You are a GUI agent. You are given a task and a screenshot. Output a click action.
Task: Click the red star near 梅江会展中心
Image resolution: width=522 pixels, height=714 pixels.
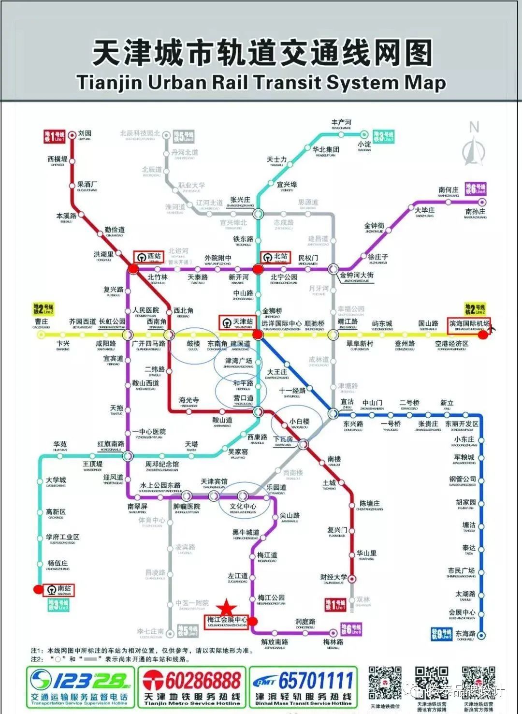[x=226, y=608]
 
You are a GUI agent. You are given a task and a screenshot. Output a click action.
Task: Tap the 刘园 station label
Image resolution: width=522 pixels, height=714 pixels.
[x=85, y=133]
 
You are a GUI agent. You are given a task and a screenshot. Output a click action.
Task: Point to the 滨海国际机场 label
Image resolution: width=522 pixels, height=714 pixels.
[x=469, y=324]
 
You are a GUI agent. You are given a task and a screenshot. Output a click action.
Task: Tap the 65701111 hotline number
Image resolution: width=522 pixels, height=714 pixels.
[x=316, y=681]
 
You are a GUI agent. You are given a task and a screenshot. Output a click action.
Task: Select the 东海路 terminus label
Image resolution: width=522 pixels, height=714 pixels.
[x=465, y=634]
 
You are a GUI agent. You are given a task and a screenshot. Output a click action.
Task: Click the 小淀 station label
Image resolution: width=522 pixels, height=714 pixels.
[x=364, y=144]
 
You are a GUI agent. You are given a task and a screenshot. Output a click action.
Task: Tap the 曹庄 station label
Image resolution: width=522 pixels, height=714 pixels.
[x=41, y=321]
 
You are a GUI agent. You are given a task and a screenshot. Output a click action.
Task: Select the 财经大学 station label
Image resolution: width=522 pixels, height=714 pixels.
[x=333, y=577]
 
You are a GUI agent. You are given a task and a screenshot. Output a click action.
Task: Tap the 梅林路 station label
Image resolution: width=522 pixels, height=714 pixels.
[x=333, y=642]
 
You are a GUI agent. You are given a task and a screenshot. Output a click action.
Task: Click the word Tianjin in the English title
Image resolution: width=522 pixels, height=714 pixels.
[x=109, y=82]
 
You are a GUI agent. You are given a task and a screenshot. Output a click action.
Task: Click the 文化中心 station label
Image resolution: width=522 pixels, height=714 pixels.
[x=243, y=506]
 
